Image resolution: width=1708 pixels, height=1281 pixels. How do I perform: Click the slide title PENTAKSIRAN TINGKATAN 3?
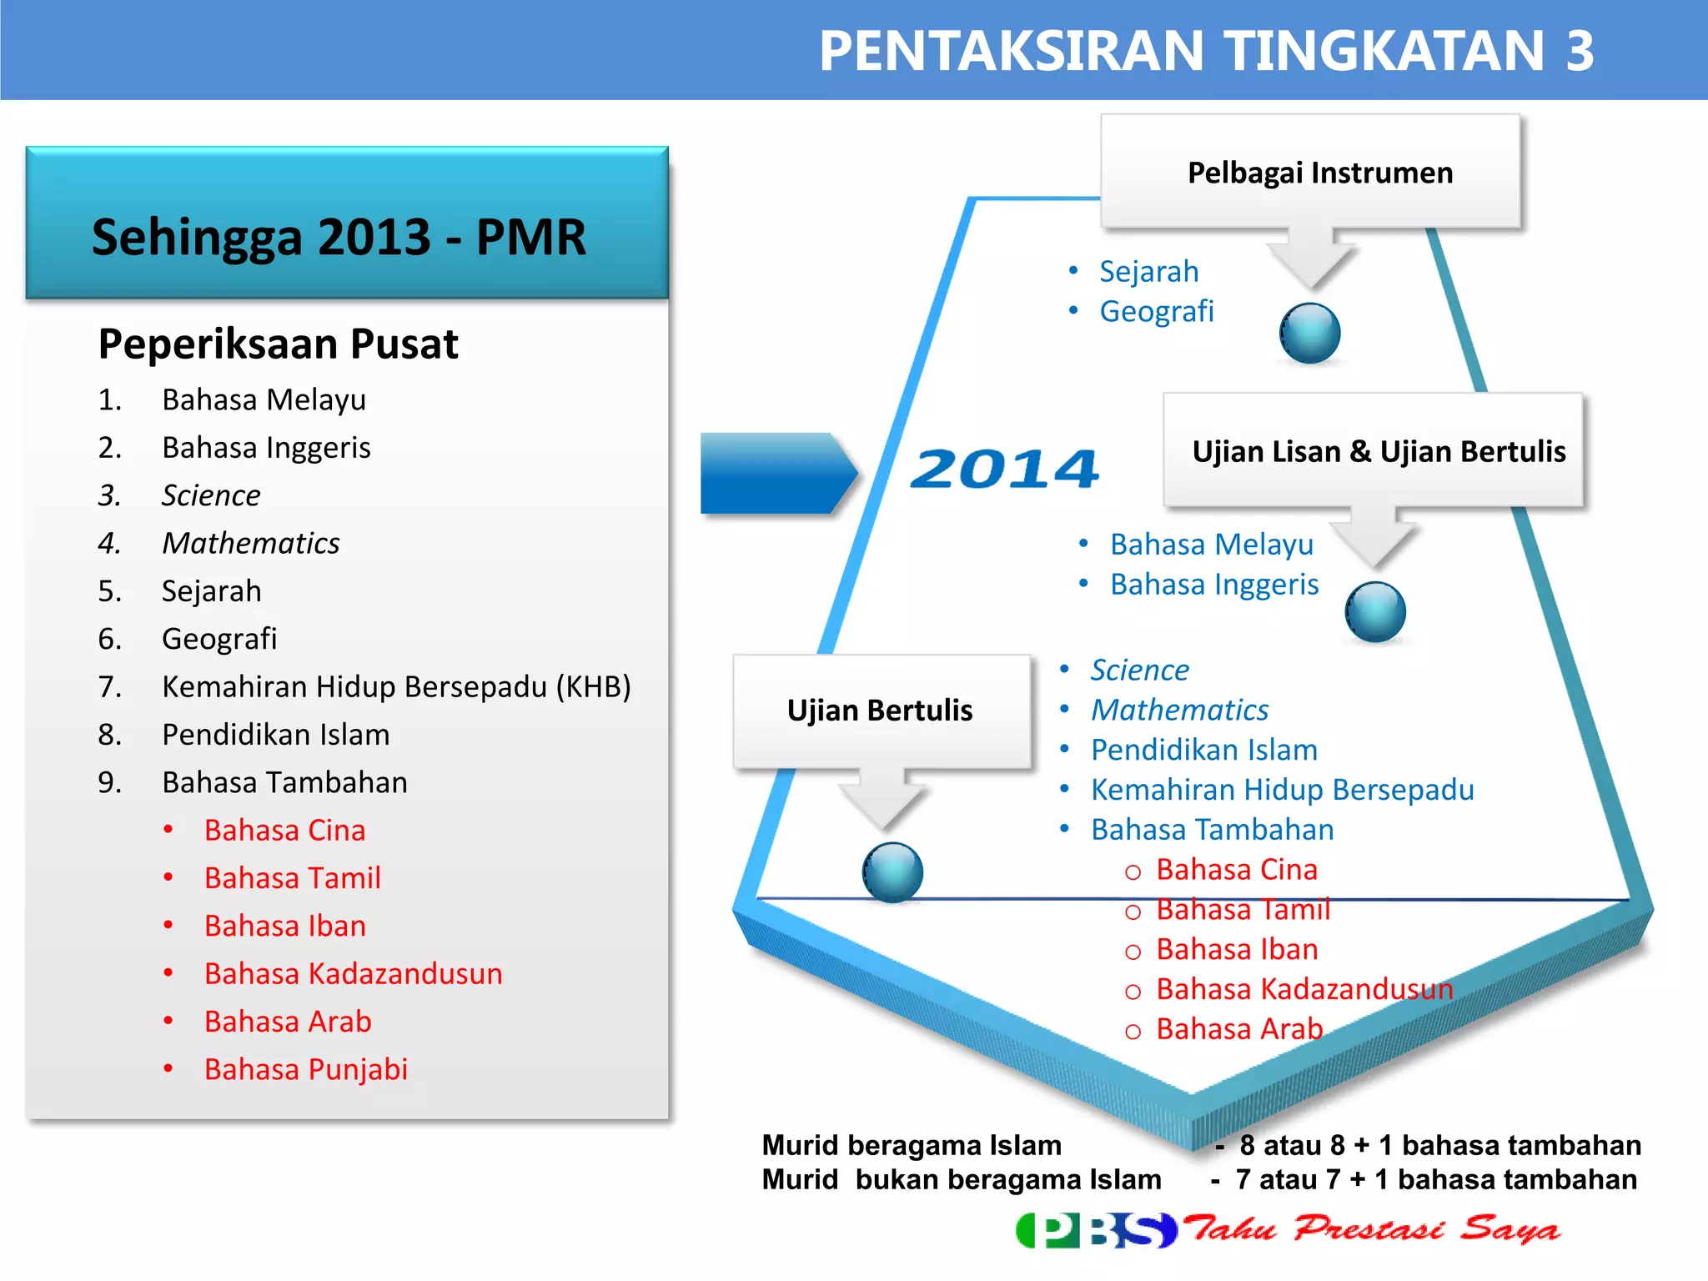1206,52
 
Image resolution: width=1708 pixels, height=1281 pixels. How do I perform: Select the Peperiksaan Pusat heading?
278,344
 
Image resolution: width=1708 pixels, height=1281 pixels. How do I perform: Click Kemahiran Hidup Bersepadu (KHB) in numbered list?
395,686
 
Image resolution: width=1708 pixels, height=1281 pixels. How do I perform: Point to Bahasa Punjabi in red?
305,1069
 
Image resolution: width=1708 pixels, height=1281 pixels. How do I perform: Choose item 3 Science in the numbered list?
211,495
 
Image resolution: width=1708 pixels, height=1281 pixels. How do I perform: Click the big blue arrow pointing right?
776,472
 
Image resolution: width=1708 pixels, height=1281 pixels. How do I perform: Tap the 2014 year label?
1005,469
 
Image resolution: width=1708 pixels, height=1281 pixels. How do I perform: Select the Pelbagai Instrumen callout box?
1311,173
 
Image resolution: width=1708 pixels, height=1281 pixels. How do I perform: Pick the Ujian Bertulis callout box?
881,711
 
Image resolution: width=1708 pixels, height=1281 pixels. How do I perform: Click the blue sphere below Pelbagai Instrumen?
1309,333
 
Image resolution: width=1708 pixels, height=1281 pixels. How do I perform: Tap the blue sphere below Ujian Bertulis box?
892,872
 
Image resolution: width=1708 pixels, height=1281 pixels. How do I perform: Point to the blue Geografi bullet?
1156,311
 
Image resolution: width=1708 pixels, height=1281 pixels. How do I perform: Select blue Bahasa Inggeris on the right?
1213,585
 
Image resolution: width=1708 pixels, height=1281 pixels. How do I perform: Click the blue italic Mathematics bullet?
1179,710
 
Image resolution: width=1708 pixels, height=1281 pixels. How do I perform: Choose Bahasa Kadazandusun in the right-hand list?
1304,989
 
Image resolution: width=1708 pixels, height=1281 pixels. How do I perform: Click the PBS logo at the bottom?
1095,1229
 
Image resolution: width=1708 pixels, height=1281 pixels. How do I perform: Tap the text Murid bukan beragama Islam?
961,1180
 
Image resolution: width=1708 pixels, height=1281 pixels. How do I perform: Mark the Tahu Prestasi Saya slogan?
1372,1228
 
